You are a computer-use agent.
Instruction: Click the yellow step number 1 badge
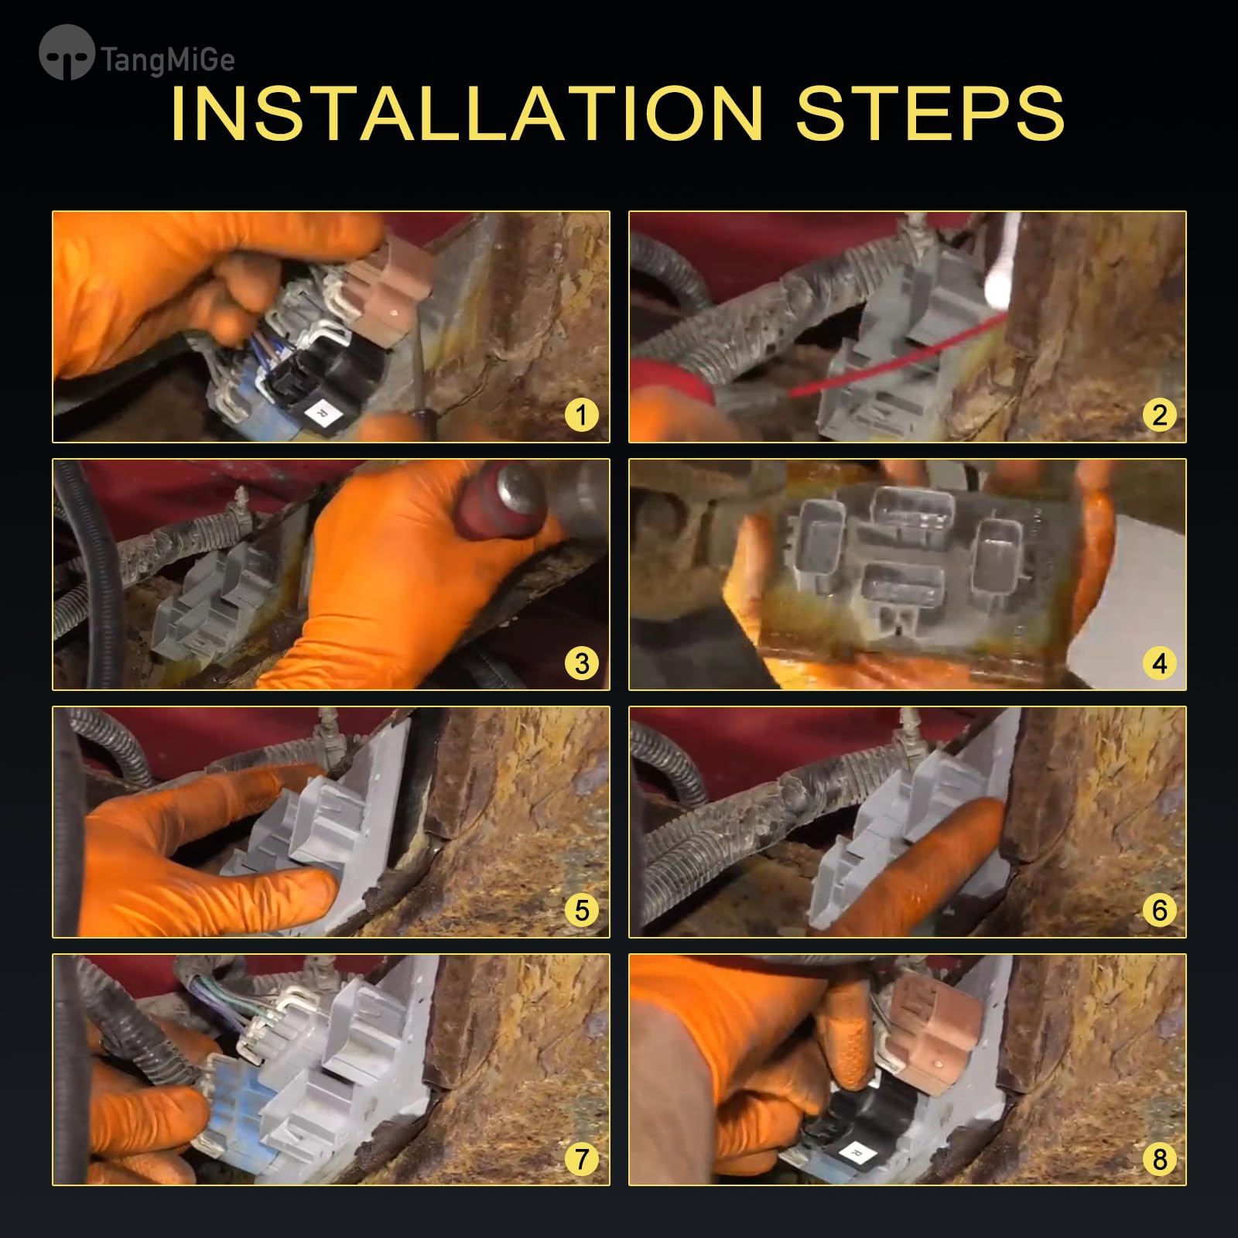[582, 415]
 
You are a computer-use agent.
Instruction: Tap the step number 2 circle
[1159, 415]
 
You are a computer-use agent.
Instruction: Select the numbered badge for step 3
[582, 663]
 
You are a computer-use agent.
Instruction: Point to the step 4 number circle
[1159, 663]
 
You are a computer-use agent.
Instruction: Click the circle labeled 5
[582, 910]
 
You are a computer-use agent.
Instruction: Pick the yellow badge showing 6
[1159, 910]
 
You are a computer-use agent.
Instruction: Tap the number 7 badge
[582, 1158]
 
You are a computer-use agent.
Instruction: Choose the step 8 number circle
[1159, 1158]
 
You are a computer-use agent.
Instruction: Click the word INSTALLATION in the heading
[467, 113]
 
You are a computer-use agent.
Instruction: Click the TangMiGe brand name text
[168, 60]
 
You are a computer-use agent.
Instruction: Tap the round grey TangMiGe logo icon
[67, 53]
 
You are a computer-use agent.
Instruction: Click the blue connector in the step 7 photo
[232, 1106]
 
